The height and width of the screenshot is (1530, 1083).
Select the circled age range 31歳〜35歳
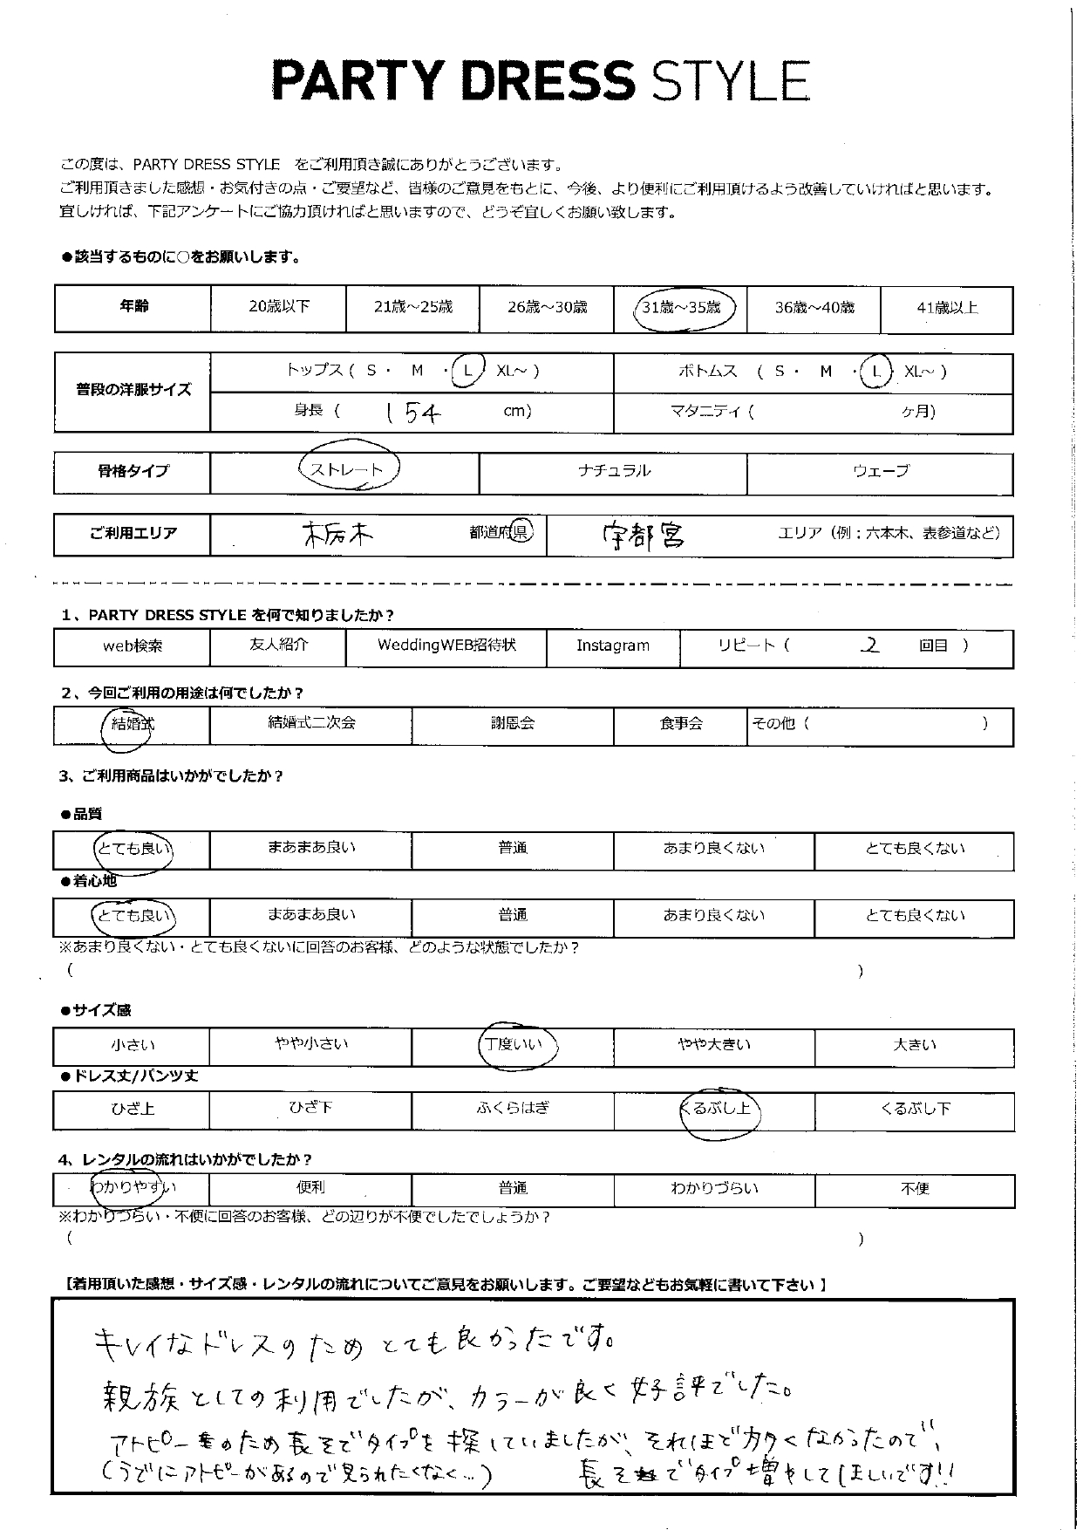(x=681, y=307)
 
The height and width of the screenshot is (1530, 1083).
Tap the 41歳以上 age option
(x=947, y=308)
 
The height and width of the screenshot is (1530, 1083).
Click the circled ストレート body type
(x=347, y=470)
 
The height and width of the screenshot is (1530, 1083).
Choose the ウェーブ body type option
(x=881, y=471)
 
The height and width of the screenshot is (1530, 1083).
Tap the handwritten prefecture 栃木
(x=338, y=535)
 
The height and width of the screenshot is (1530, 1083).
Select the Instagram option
(x=612, y=645)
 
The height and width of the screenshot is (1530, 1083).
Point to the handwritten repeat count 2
(x=868, y=645)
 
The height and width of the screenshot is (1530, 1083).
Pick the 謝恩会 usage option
(x=512, y=724)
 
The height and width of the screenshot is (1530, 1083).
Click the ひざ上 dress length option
(x=133, y=1110)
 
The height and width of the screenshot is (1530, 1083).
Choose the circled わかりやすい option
(x=133, y=1187)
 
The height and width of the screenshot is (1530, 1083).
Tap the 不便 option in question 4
(x=914, y=1188)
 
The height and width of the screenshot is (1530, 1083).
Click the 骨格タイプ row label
(x=133, y=471)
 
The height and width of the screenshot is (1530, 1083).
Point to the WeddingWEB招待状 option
(x=446, y=645)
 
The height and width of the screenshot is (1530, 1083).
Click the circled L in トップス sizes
(x=467, y=372)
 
